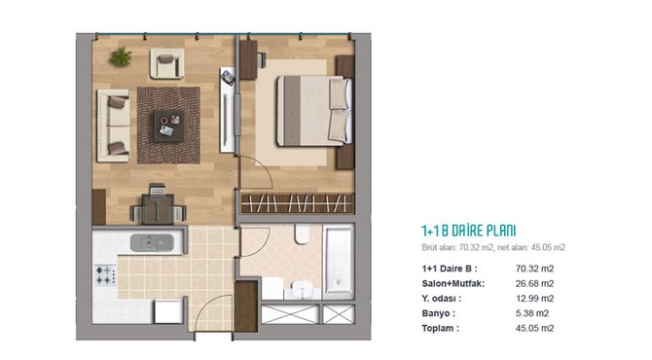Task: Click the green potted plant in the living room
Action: click(121, 56)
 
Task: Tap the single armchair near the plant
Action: click(167, 63)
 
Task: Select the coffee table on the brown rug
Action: click(169, 126)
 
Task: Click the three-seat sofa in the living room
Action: click(113, 126)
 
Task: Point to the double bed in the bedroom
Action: click(314, 111)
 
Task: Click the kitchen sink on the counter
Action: click(152, 243)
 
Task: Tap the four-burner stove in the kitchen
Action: click(106, 275)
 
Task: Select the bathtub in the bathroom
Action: click(339, 261)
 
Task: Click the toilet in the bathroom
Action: click(303, 234)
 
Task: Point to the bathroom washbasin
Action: click(303, 288)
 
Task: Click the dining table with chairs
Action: click(158, 205)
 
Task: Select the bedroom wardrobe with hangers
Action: click(297, 203)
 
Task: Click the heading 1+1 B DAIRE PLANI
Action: click(469, 231)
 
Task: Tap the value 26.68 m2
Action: click(535, 283)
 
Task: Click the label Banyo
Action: click(438, 313)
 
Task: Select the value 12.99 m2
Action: click(535, 299)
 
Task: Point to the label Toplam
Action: click(441, 329)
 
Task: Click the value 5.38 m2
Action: click(532, 313)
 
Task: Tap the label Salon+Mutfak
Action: click(453, 283)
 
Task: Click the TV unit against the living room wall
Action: click(228, 110)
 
